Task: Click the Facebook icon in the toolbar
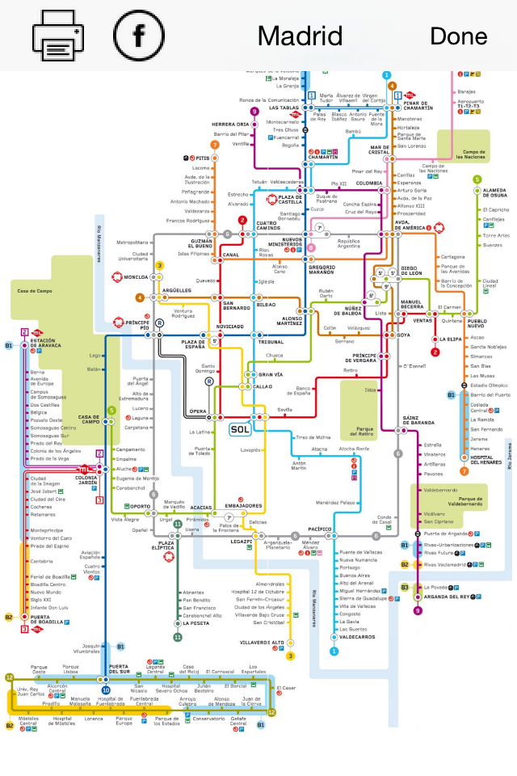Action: (139, 36)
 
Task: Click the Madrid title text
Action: (300, 36)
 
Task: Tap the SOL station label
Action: (240, 429)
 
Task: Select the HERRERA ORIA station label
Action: (230, 124)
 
